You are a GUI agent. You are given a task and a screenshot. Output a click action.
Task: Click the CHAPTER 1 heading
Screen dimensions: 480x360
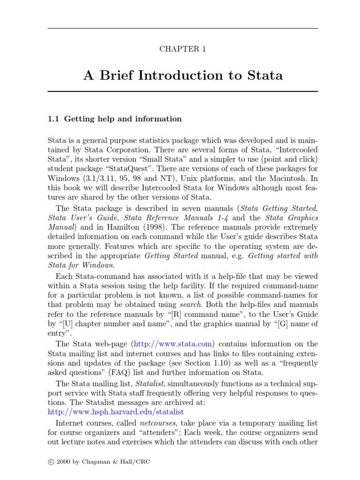click(183, 49)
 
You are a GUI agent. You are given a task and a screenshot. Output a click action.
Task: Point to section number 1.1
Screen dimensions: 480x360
click(53, 119)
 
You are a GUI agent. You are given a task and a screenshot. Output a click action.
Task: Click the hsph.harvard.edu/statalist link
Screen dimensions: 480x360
click(116, 412)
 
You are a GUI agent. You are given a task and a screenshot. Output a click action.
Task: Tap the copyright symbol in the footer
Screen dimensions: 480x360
click(51, 462)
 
